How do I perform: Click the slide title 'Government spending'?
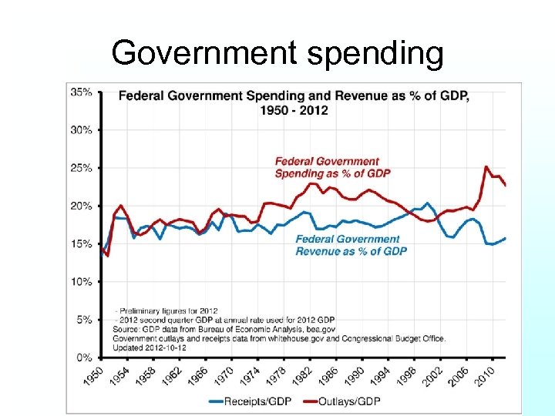coord(277,53)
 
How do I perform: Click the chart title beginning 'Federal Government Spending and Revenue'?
coord(293,103)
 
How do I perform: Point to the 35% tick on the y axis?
coord(81,92)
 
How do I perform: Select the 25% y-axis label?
coord(81,168)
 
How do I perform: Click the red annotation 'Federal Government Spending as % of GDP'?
coord(332,167)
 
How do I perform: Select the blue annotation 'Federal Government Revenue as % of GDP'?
coord(351,245)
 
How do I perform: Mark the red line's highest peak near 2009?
coord(486,166)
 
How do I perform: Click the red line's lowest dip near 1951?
coord(108,256)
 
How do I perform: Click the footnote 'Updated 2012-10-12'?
coord(150,348)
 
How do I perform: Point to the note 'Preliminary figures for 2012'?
coord(168,311)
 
